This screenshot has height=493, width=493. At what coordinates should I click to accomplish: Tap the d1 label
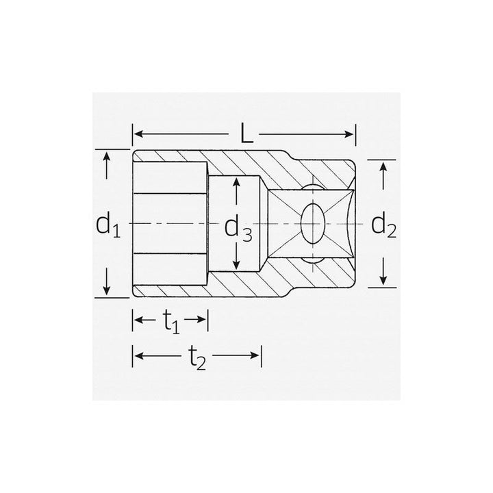(108, 225)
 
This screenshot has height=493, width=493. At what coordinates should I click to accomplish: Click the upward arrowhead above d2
(384, 166)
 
